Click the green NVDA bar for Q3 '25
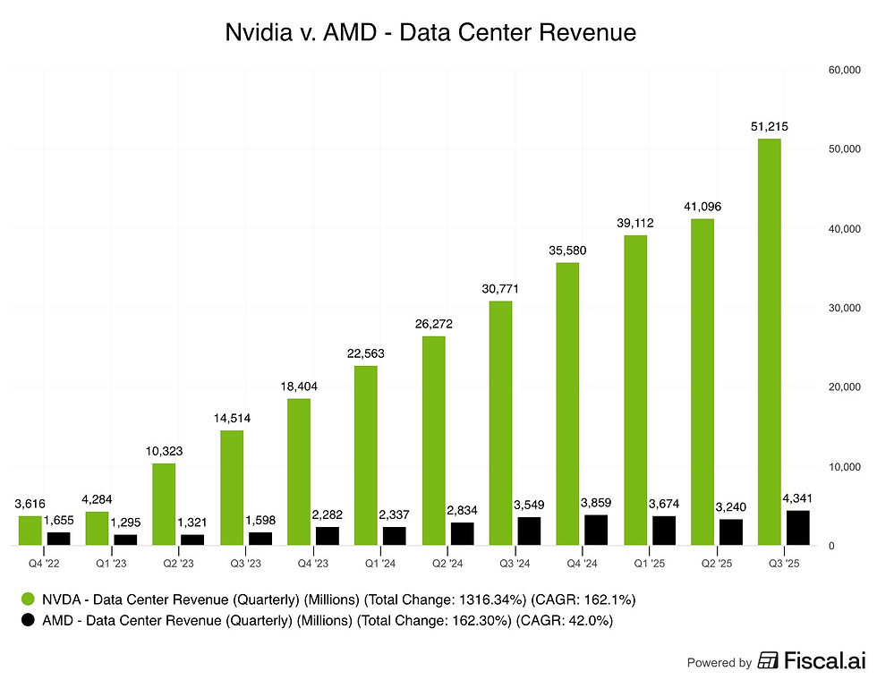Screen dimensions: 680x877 pos(769,342)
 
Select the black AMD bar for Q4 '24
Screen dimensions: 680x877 pos(596,530)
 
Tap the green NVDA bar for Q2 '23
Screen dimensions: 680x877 pos(164,504)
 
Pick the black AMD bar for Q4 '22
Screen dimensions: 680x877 pos(58,539)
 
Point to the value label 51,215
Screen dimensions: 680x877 pos(769,126)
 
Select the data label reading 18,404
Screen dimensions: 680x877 pos(299,386)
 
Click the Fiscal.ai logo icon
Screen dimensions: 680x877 pos(767,661)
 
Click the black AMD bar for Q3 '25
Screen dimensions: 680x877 pos(797,528)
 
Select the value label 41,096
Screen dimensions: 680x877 pos(702,207)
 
